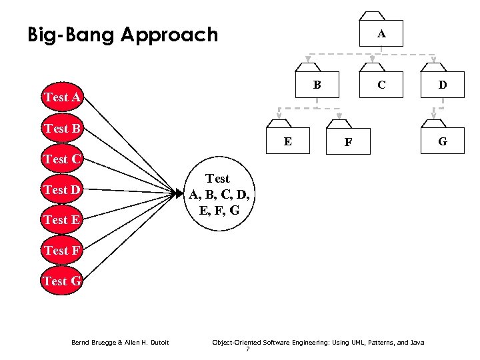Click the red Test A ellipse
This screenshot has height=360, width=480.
tap(62, 98)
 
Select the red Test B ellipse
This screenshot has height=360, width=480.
tap(62, 128)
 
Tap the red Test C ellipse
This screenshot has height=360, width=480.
tap(62, 159)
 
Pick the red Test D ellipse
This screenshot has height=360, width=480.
tap(62, 190)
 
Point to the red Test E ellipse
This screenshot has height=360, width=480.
tap(62, 219)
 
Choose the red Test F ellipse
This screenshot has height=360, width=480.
tap(62, 251)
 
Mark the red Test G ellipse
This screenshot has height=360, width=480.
tap(62, 281)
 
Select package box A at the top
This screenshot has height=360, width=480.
tap(381, 33)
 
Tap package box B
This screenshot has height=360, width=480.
tap(317, 84)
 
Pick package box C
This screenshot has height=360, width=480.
tap(381, 84)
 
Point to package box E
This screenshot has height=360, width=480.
tap(287, 141)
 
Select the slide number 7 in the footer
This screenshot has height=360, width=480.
tap(248, 349)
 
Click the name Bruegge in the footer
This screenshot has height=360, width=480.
tap(103, 343)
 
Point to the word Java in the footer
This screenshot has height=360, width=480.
tap(417, 343)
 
